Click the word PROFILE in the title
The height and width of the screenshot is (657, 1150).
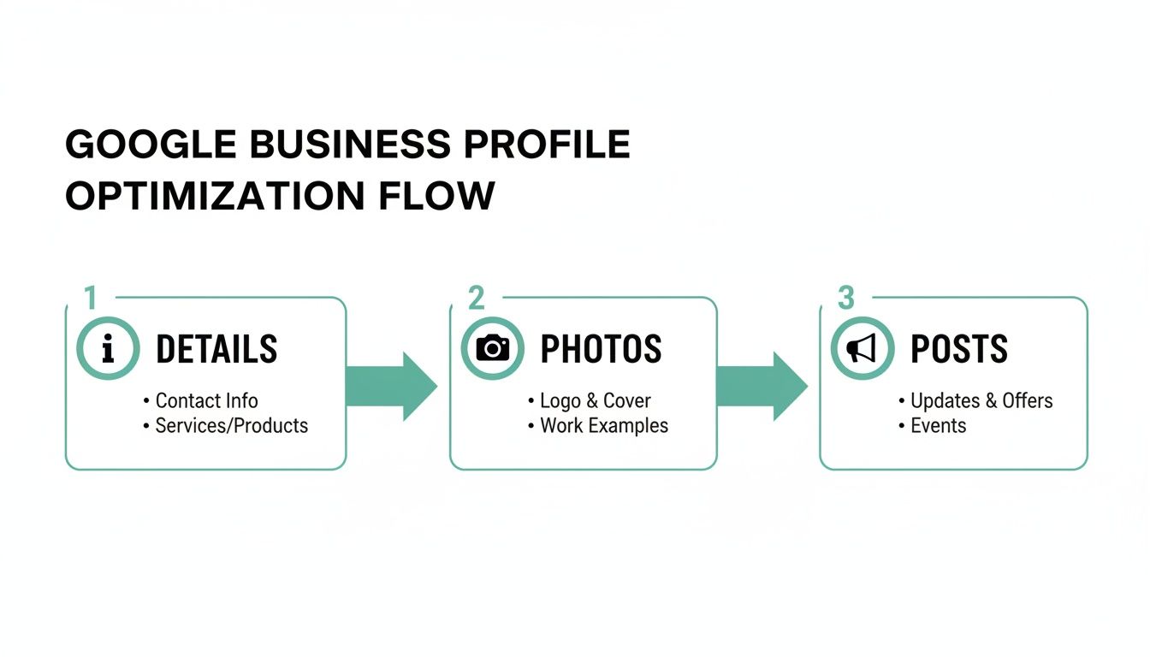tap(546, 145)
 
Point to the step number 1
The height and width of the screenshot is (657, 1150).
tap(91, 299)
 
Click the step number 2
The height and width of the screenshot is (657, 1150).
tap(476, 299)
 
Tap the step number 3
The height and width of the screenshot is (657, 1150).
tap(845, 299)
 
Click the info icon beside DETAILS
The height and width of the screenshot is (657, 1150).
tap(107, 349)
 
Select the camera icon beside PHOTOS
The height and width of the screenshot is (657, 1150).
tap(492, 349)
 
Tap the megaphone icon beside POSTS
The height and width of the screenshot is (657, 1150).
tap(862, 349)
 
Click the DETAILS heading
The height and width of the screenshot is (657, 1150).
tap(216, 349)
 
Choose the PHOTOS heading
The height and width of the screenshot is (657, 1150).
tap(601, 349)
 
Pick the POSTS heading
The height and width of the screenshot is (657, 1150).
tap(958, 349)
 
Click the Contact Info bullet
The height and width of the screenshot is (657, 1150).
tap(206, 400)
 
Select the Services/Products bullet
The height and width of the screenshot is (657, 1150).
tap(231, 425)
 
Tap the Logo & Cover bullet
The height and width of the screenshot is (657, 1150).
tap(595, 400)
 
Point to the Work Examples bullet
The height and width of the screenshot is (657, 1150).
tap(603, 425)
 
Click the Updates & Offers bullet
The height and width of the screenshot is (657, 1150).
tap(981, 400)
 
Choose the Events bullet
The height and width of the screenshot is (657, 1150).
tap(938, 425)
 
